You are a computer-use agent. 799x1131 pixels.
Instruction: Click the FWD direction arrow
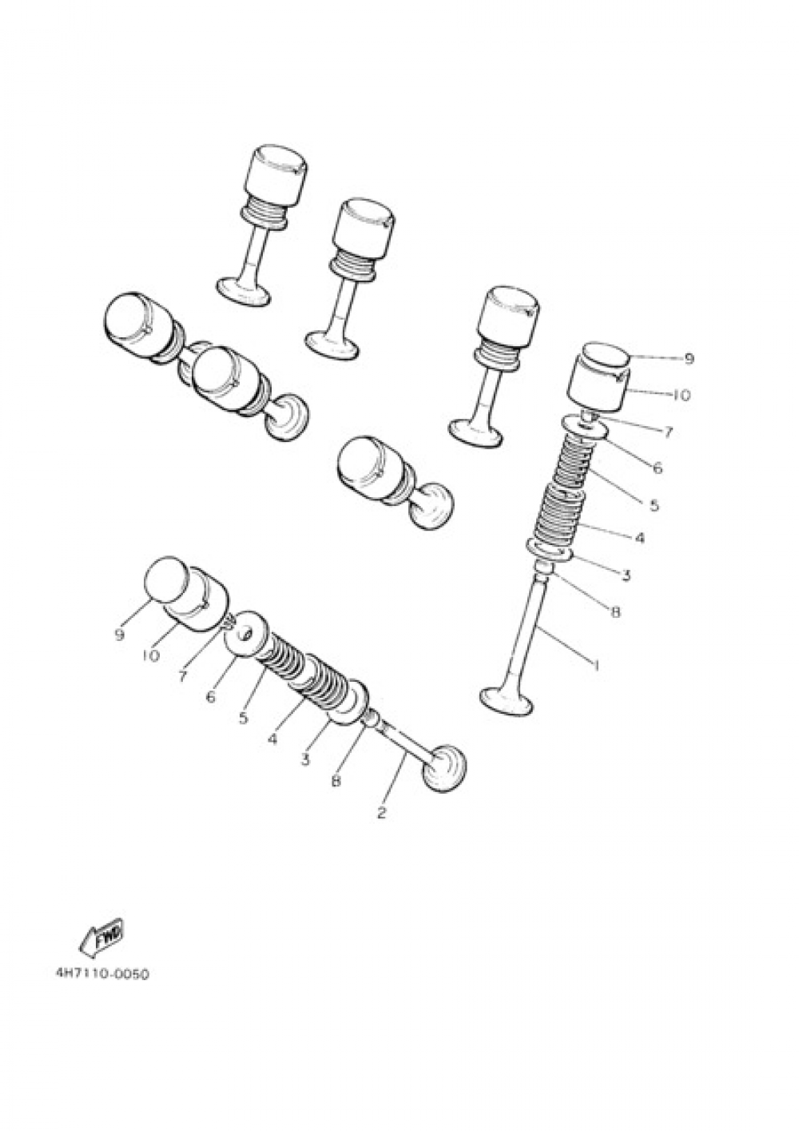[x=101, y=938]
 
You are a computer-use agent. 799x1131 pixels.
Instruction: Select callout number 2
[x=381, y=813]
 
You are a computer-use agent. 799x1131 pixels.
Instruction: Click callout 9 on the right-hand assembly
[x=688, y=360]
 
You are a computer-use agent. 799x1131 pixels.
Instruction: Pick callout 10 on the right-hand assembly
[x=682, y=395]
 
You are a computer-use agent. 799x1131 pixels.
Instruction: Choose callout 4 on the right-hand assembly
[x=639, y=538]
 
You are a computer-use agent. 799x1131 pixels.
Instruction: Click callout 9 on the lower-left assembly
[x=120, y=635]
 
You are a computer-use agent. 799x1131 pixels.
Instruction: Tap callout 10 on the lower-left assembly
[x=151, y=655]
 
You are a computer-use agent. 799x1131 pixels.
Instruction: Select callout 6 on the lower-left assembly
[x=210, y=696]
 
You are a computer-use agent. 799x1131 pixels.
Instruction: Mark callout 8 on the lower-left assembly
[x=336, y=781]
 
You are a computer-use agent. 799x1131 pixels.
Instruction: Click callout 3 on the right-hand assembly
[x=626, y=575]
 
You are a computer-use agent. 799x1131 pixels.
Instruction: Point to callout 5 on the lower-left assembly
[x=243, y=718]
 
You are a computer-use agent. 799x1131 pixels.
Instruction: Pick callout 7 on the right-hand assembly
[x=667, y=432]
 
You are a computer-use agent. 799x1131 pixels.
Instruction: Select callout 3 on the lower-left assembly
[x=305, y=759]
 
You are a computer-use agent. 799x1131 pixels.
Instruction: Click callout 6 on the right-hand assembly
[x=657, y=467]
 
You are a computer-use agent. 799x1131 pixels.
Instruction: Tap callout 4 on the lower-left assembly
[x=272, y=739]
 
